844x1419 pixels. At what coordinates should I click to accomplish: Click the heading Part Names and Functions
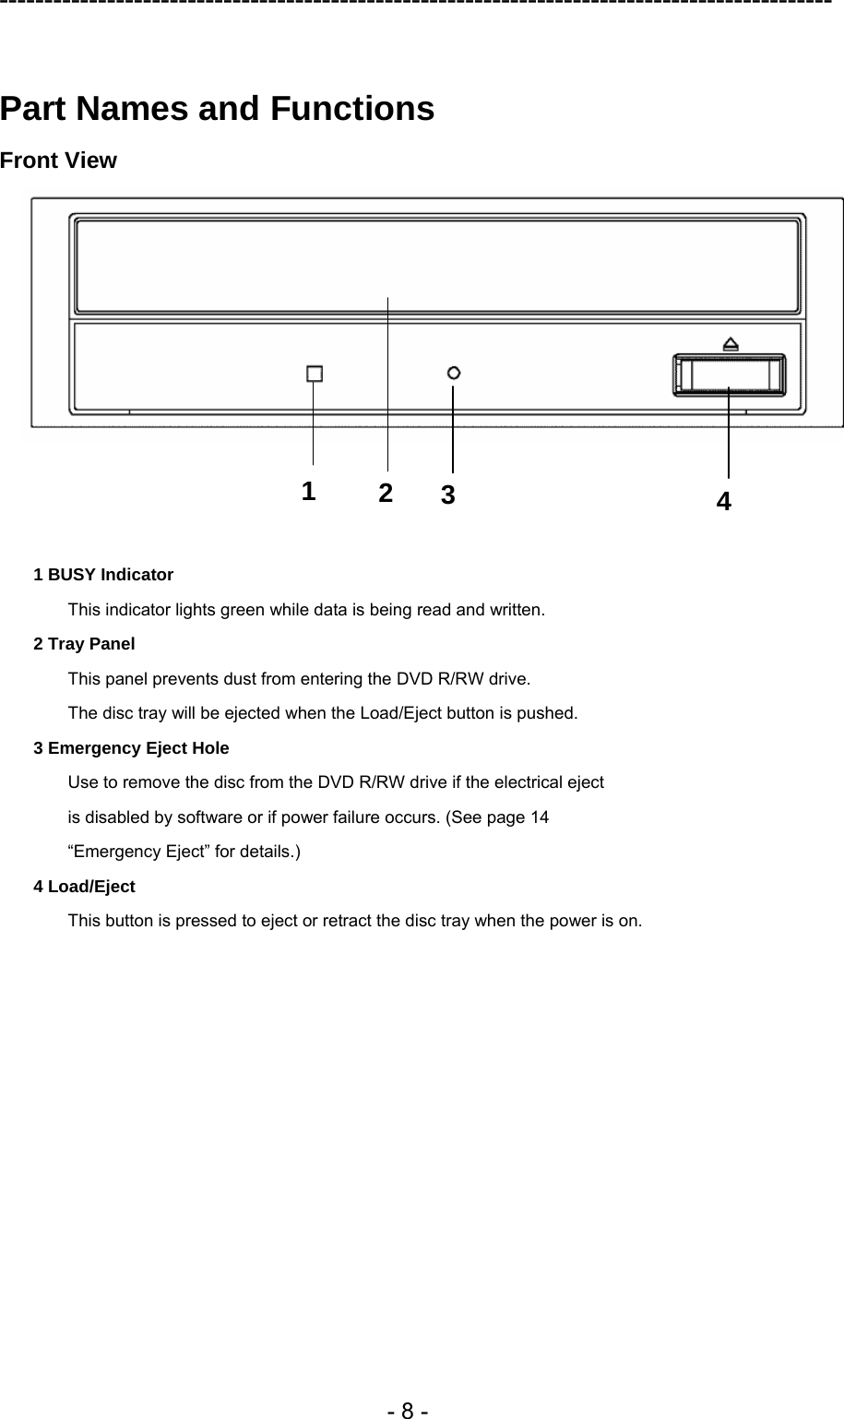point(217,109)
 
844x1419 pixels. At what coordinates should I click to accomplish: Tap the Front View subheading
point(58,161)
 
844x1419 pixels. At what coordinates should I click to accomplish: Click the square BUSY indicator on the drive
point(315,374)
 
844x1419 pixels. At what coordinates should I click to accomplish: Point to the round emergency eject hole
point(454,373)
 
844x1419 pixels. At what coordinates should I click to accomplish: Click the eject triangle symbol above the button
point(730,343)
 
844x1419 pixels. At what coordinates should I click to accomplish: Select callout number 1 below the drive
point(308,490)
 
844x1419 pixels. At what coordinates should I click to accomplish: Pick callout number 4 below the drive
point(724,501)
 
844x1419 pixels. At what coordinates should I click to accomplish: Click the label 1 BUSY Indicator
point(103,575)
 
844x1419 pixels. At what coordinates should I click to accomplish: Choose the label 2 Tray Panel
point(84,644)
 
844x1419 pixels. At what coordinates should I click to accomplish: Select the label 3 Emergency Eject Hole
point(131,748)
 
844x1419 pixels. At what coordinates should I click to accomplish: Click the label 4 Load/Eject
point(84,887)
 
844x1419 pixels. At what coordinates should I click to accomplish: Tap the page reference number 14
point(539,817)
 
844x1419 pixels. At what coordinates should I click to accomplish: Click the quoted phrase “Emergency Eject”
point(139,852)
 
